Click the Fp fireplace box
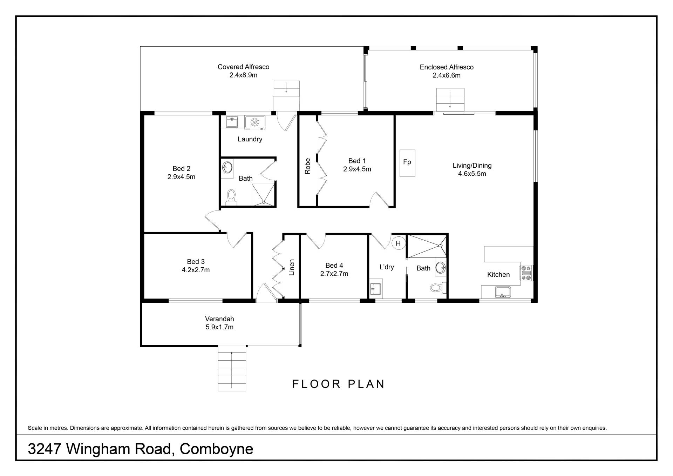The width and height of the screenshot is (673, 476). tap(407, 163)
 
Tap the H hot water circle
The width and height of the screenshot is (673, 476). tap(398, 243)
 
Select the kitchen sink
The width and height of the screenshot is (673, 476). tap(503, 292)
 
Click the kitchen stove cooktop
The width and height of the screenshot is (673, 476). tap(526, 273)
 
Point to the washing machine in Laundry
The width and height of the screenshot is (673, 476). tap(255, 122)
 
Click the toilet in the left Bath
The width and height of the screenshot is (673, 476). tap(231, 197)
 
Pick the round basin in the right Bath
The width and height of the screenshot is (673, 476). tap(440, 268)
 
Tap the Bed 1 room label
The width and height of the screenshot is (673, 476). tap(357, 161)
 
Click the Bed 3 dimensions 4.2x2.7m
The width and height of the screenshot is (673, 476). tap(196, 270)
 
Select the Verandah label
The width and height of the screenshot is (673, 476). tap(219, 319)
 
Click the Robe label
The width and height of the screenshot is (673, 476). tap(308, 166)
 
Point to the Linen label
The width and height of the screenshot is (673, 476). tap(292, 267)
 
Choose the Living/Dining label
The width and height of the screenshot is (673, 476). tap(472, 166)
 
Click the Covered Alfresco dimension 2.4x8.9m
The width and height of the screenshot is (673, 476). tap(243, 75)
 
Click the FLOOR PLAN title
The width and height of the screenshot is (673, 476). tap(339, 384)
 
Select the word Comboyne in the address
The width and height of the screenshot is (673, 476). tap(216, 449)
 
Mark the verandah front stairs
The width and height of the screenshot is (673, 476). tap(232, 368)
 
